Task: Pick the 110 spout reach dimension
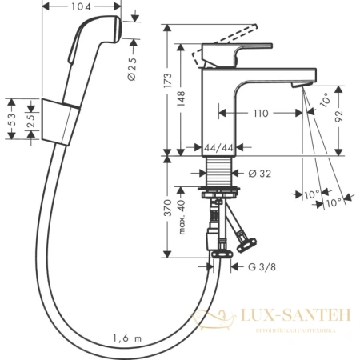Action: (x=260, y=114)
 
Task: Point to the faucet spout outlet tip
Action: (x=302, y=86)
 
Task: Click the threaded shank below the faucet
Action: (x=216, y=172)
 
